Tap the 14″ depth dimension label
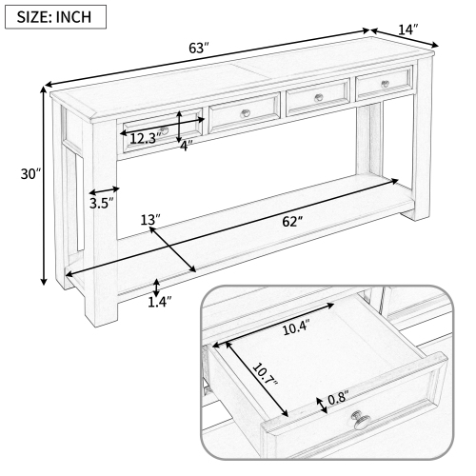pyautogui.click(x=408, y=30)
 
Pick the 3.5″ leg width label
pyautogui.click(x=102, y=203)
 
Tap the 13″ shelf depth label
pyautogui.click(x=149, y=220)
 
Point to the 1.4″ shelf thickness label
pyautogui.click(x=160, y=303)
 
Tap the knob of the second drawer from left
pyautogui.click(x=246, y=112)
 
